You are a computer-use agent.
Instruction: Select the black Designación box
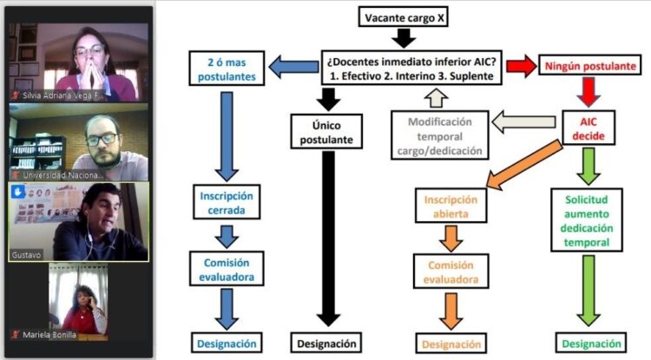point(327,344)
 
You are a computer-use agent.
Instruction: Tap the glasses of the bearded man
point(102,138)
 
